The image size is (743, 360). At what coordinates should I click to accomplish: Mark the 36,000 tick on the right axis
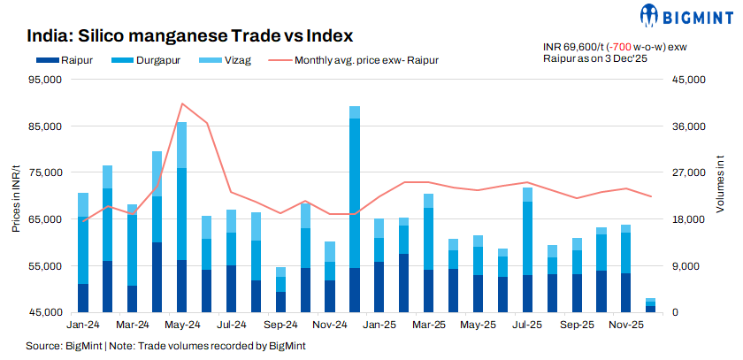(687, 126)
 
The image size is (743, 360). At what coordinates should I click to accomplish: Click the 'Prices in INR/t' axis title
(16, 195)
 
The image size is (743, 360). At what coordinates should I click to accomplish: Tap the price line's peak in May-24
(181, 103)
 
